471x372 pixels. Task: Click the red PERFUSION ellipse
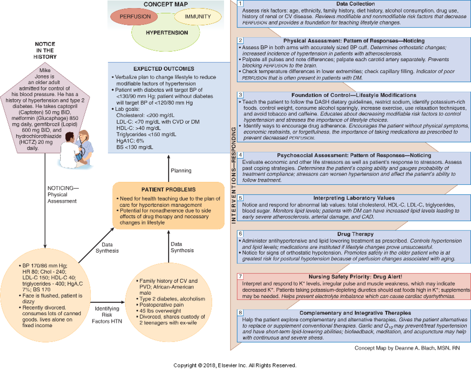pyautogui.click(x=135, y=17)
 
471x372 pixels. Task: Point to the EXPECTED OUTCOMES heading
pyautogui.click(x=164, y=69)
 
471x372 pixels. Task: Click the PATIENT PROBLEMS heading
pyautogui.click(x=168, y=189)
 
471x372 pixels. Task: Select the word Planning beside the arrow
pyautogui.click(x=181, y=171)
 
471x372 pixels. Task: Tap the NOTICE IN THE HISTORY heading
pyautogui.click(x=46, y=51)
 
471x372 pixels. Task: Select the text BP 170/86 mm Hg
pyautogui.click(x=40, y=265)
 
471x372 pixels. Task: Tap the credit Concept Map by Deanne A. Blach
pyautogui.click(x=407, y=348)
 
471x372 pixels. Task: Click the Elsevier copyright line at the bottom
pyautogui.click(x=235, y=365)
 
